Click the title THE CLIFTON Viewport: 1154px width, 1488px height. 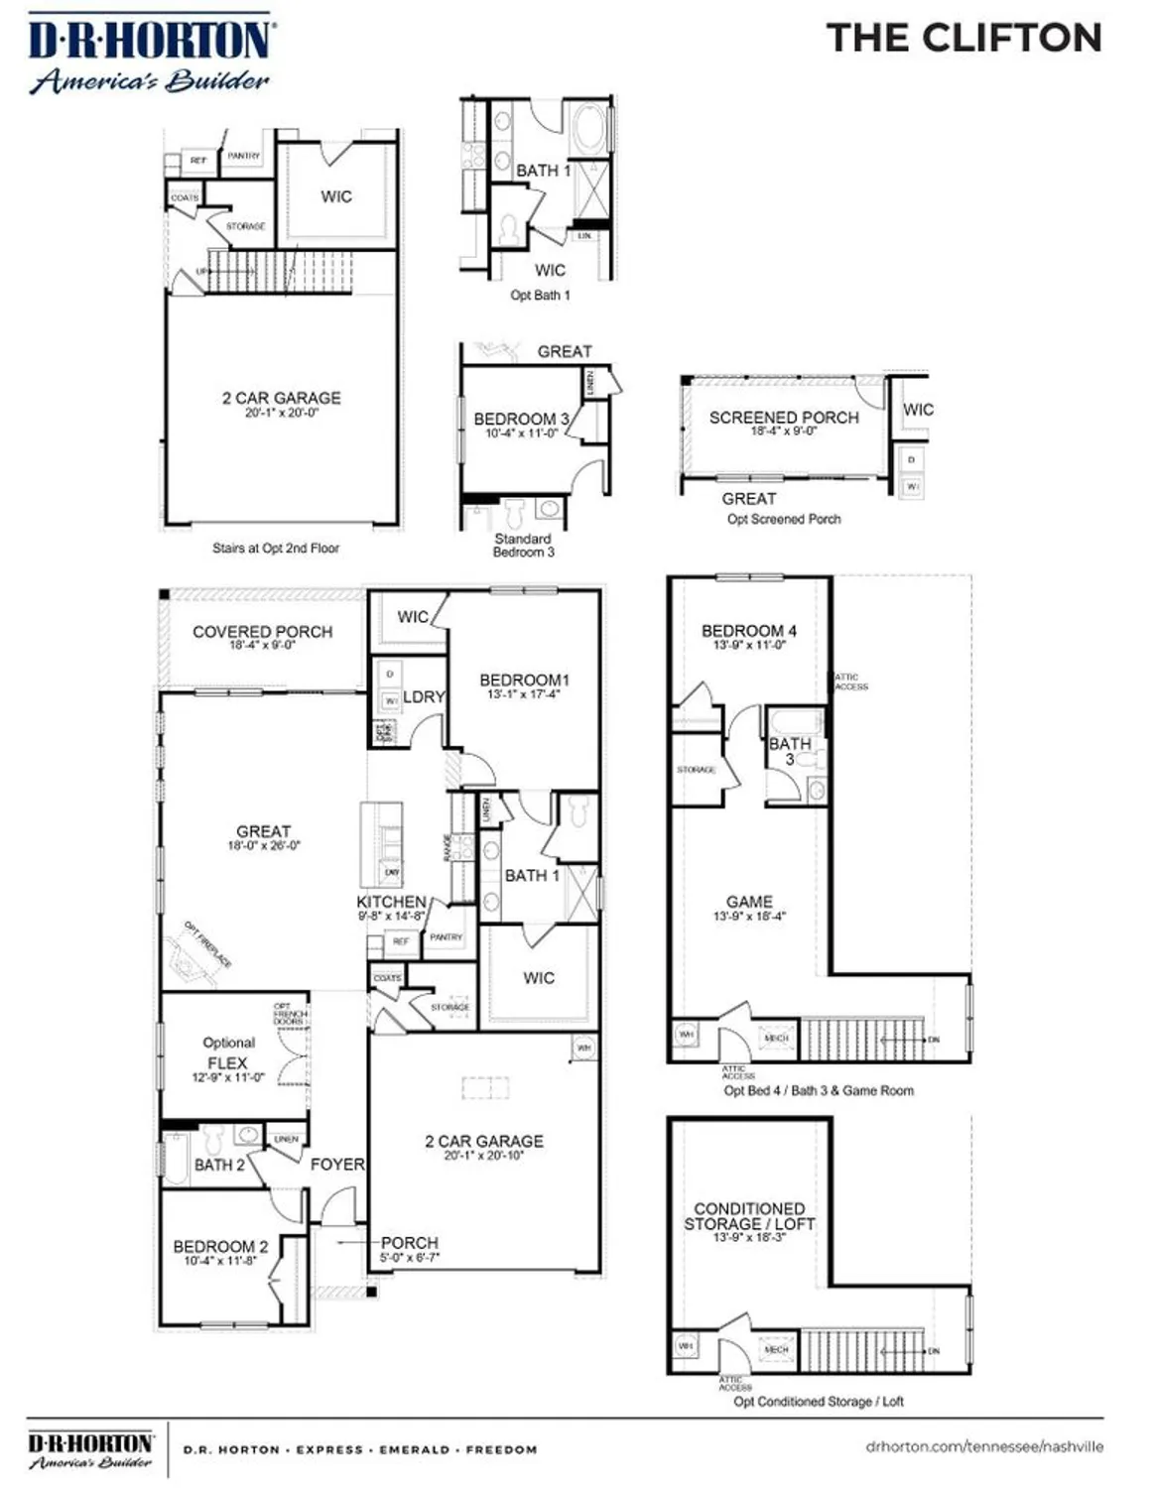963,38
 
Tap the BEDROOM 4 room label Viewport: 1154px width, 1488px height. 749,631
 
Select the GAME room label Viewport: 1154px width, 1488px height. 749,902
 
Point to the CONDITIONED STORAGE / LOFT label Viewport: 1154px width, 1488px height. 749,1216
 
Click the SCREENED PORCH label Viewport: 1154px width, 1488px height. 784,418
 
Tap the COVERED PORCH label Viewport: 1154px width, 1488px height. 263,632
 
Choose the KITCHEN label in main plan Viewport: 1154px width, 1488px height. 391,902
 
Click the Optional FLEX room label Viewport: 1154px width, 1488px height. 228,1054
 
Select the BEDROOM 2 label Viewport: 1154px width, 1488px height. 220,1247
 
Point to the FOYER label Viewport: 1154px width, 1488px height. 337,1165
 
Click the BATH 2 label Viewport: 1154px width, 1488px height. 219,1165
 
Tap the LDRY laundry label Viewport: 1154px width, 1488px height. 424,697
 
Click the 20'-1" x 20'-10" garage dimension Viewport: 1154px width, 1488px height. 484,1156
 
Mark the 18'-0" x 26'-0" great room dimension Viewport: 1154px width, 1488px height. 264,846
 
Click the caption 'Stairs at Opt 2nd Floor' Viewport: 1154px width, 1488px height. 276,548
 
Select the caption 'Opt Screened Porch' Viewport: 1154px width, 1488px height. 784,519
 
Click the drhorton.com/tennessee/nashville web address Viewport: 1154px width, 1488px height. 983,1446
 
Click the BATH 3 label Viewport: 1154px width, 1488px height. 790,751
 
